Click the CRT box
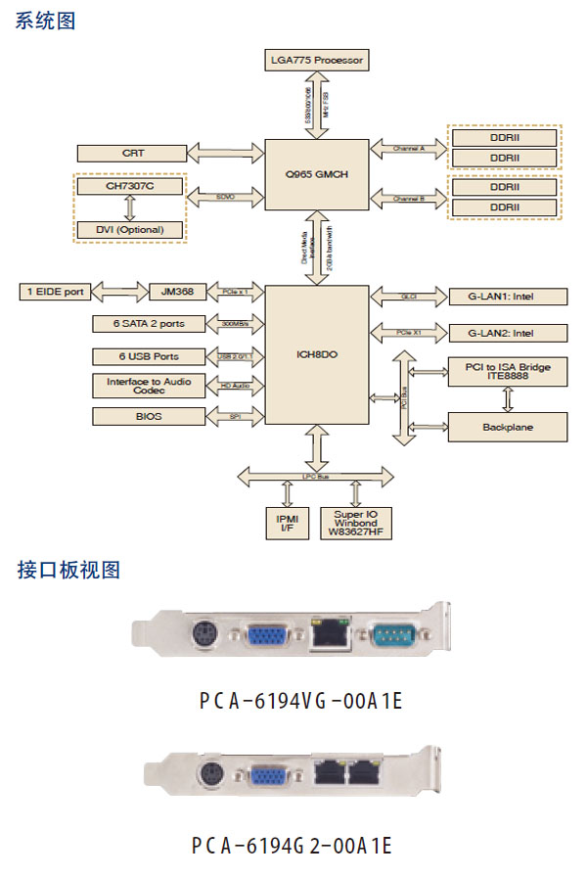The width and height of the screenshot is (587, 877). pos(132,153)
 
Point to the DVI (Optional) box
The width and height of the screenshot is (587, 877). pos(130,229)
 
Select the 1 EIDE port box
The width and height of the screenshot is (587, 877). pos(55,292)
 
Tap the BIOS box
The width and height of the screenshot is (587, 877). pos(149,416)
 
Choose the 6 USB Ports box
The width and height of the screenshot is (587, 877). pos(149,355)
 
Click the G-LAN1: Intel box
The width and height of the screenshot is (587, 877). pos(508,295)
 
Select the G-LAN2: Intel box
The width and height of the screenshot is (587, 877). pos(508,332)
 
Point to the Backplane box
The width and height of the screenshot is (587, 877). pos(508,427)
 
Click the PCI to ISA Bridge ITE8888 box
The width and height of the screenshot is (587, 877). pos(508,372)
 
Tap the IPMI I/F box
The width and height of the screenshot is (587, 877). pos(287,523)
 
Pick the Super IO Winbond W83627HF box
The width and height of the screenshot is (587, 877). pos(361,523)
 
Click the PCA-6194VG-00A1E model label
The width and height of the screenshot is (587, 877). pos(299,701)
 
